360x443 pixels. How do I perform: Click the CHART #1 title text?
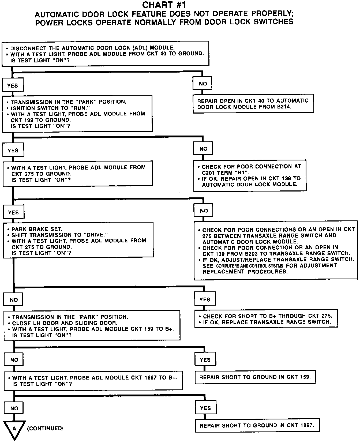click(x=164, y=5)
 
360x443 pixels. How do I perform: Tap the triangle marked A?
click(x=14, y=429)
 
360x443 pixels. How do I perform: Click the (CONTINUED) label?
click(x=45, y=428)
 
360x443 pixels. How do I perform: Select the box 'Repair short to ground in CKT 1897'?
click(x=257, y=425)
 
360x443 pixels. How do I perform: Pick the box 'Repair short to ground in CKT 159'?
click(x=255, y=377)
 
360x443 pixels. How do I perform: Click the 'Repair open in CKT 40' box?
click(x=253, y=104)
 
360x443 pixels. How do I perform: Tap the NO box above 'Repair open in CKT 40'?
click(x=203, y=84)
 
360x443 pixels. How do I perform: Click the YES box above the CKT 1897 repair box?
click(x=205, y=408)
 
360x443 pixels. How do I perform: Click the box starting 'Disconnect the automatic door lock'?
click(x=105, y=54)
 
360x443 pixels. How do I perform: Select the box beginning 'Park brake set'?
click(x=78, y=240)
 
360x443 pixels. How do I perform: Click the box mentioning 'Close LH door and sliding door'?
click(x=92, y=326)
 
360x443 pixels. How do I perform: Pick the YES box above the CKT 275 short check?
click(x=205, y=299)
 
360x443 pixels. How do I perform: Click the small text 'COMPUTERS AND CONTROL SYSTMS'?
click(x=249, y=266)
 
